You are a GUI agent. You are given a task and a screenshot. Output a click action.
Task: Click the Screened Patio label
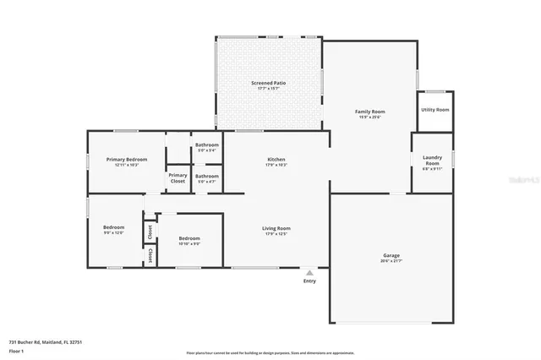268,82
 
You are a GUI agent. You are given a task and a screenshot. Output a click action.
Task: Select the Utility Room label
435,110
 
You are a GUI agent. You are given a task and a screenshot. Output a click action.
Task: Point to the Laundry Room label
433,160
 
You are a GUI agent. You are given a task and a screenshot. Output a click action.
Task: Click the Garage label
391,254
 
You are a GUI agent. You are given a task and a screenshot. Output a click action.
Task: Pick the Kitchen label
276,159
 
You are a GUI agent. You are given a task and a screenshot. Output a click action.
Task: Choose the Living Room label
276,227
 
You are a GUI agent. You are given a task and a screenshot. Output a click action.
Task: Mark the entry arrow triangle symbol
310,272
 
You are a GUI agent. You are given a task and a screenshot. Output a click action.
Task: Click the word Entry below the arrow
310,281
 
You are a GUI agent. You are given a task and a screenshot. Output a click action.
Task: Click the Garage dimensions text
391,260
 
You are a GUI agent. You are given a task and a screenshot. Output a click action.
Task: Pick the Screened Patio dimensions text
268,88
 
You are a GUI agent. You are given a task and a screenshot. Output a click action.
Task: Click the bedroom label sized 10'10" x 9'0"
189,238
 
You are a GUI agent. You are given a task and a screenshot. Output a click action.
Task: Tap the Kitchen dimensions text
276,165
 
